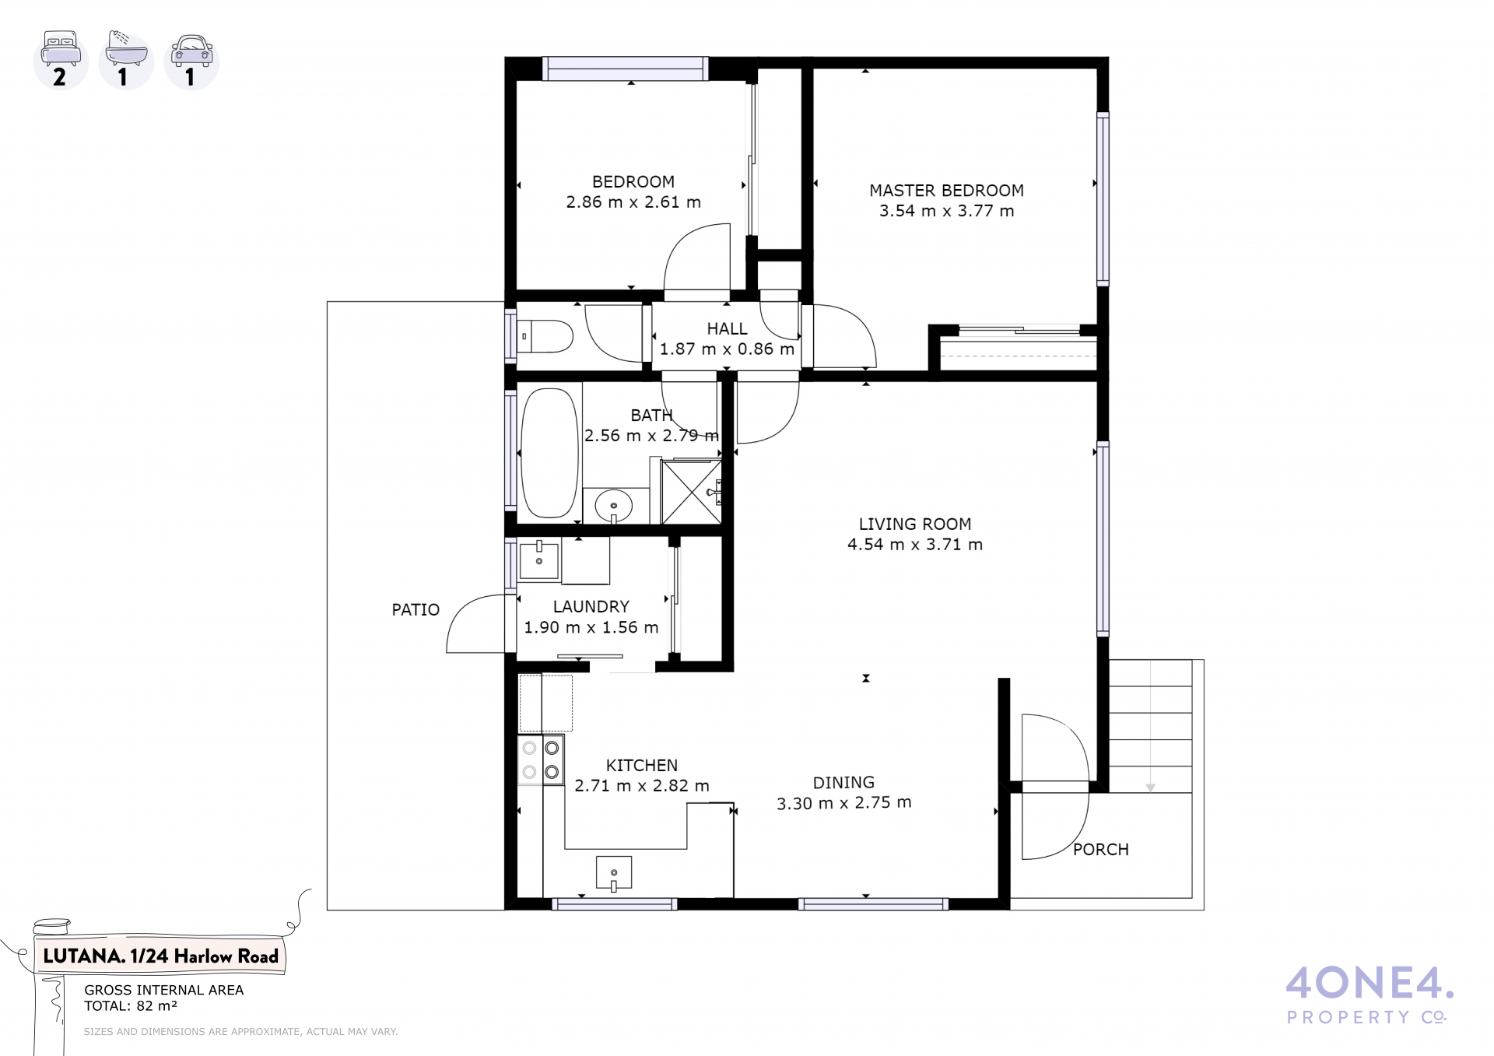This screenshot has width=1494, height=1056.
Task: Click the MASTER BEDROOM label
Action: coord(946,191)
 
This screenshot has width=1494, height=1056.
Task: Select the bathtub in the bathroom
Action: coord(549,453)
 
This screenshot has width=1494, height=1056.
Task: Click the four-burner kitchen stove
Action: coord(541,759)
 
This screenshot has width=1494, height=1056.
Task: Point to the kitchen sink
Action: coord(614,873)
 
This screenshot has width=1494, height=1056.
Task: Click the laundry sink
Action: coord(538,558)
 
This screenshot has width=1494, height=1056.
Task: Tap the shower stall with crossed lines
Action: coord(691,492)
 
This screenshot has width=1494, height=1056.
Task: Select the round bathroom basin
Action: coord(614,507)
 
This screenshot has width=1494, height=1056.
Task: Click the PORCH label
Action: coord(1100,850)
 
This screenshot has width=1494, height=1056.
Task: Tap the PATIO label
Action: coord(416,610)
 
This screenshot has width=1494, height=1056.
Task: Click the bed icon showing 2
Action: coord(61,60)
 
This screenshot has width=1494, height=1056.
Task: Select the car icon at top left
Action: coord(191,60)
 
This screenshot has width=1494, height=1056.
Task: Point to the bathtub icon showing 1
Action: coord(126,60)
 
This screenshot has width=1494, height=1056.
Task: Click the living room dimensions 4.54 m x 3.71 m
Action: coord(915,545)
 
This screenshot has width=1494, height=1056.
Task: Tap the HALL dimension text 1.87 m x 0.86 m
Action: coord(727,349)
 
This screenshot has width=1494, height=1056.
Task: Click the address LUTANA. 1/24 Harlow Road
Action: coord(160,956)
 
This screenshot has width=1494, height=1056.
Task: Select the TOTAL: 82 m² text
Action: coord(131,1006)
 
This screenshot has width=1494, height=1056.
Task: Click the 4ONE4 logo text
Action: coord(1369,984)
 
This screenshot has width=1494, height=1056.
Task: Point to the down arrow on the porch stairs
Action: coord(1150,788)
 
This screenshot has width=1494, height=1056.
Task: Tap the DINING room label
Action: coord(843,783)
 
